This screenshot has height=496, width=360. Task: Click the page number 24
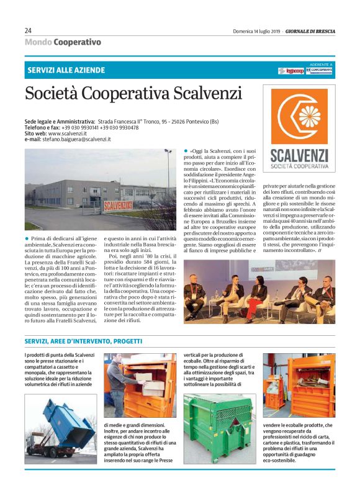click(x=28, y=30)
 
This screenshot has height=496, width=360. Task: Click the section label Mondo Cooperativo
click(x=63, y=42)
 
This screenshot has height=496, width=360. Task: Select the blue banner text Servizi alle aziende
click(x=66, y=70)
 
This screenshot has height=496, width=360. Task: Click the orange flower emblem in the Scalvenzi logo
click(x=299, y=118)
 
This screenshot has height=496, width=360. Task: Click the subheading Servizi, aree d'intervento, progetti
click(x=83, y=341)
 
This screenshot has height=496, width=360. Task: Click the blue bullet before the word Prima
click(x=27, y=239)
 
